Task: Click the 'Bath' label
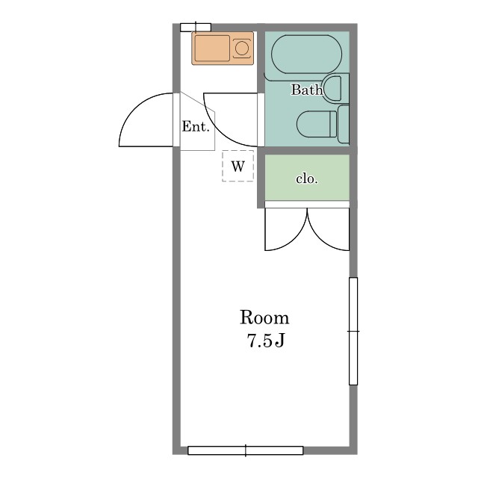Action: coord(307,90)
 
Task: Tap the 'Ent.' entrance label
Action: coord(196,126)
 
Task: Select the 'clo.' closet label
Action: coord(307,179)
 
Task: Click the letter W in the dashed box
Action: coord(238,167)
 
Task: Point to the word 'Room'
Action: coord(264,317)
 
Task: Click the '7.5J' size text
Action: coord(266,341)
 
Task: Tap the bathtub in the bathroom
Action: coord(306,55)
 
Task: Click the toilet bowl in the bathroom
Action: coord(317,124)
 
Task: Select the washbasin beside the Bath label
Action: coord(332,88)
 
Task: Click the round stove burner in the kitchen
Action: coord(242,49)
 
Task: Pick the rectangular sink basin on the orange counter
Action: coord(212,48)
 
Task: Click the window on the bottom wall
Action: coord(246,450)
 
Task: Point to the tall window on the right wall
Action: coord(353,331)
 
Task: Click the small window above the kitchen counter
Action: coord(196,28)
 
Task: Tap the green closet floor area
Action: coord(307,178)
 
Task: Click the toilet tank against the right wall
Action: coord(344,124)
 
